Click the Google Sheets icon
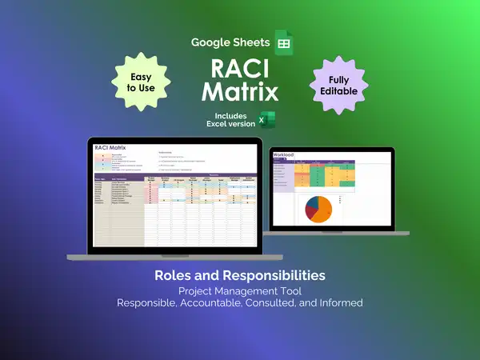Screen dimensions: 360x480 pyautogui.click(x=283, y=42)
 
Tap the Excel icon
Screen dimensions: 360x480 pyautogui.click(x=266, y=121)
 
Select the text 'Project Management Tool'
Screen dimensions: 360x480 pyautogui.click(x=240, y=290)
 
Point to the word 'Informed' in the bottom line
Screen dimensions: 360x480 pyautogui.click(x=340, y=303)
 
